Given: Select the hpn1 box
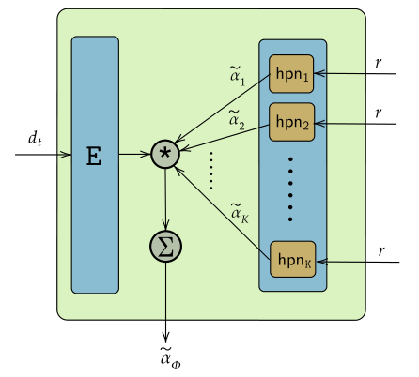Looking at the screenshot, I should tap(293, 73).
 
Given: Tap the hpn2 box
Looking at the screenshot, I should tap(293, 121).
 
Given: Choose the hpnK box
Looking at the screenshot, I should tap(293, 257).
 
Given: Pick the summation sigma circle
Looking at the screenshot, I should tap(165, 247).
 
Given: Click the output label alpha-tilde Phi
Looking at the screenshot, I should tap(168, 356).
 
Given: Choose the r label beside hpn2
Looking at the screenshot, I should tap(378, 112).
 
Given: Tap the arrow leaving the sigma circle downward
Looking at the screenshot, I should tap(165, 300).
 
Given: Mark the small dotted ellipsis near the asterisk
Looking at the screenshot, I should tap(211, 169).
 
